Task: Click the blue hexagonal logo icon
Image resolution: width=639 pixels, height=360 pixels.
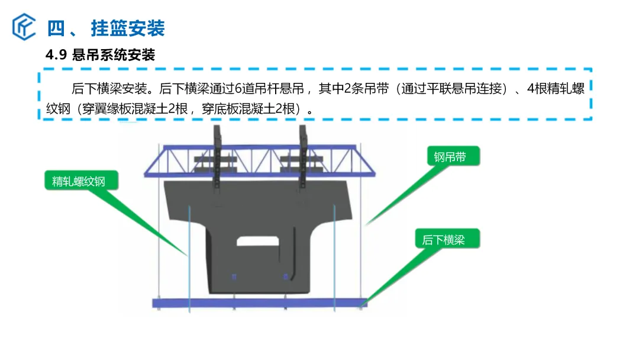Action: click(x=24, y=27)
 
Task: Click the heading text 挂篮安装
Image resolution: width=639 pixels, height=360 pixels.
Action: click(x=128, y=28)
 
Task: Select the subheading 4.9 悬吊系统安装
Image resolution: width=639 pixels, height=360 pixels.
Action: click(x=100, y=55)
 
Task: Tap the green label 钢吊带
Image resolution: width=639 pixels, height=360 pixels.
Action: click(x=454, y=156)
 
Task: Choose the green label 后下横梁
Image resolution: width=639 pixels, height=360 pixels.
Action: click(x=447, y=239)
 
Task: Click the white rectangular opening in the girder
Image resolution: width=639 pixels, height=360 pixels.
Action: click(x=257, y=242)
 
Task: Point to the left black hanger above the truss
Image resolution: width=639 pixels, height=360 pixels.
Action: click(x=217, y=157)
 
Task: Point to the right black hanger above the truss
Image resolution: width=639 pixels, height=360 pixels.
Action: click(x=303, y=157)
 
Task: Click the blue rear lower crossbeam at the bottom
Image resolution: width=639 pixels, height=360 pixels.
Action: click(x=260, y=303)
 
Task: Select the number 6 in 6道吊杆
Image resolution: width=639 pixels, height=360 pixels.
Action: click(x=239, y=88)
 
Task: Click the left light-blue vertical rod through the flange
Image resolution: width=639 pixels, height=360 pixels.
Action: click(x=189, y=259)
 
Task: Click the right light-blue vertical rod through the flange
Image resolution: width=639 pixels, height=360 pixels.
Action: click(x=334, y=258)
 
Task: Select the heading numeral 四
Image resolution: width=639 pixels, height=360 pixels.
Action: click(x=56, y=28)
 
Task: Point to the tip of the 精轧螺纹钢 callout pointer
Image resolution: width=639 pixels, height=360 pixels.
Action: click(x=188, y=256)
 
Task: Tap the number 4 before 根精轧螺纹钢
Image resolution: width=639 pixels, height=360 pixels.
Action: click(x=531, y=88)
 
